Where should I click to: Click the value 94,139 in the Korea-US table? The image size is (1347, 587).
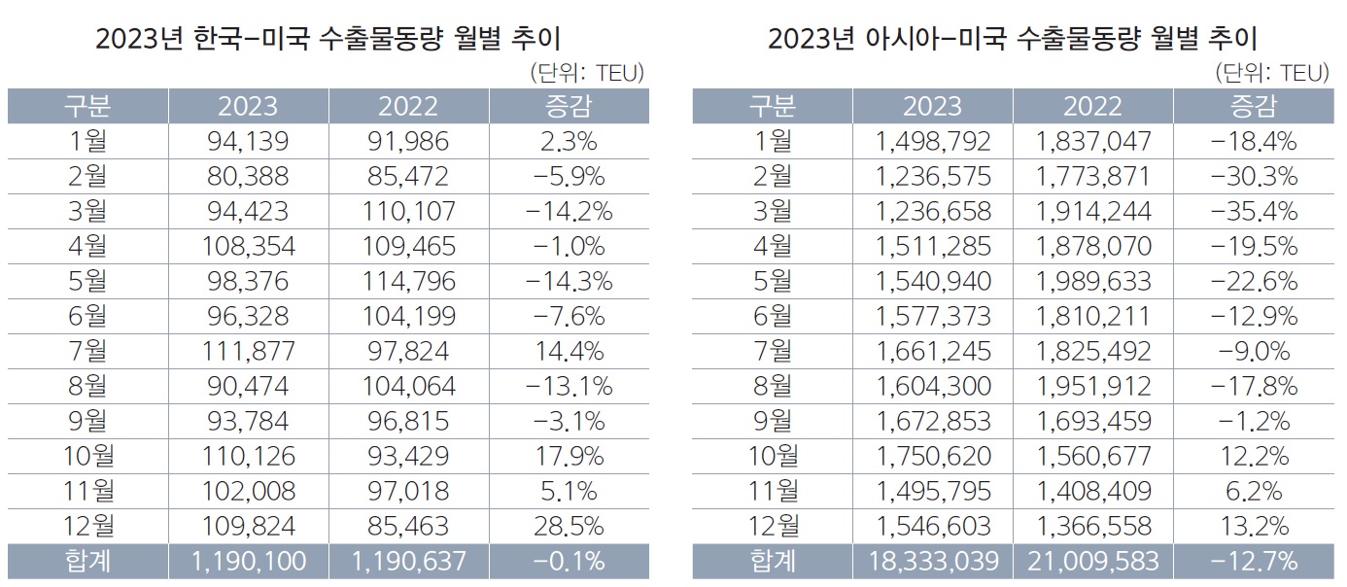248,141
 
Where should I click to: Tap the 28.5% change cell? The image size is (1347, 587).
569,526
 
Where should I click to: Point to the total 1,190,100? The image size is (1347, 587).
248,561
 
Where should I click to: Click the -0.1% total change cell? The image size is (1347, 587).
569,561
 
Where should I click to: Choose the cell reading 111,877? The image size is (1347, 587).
248,351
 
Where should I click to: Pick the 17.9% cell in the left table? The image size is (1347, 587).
569,456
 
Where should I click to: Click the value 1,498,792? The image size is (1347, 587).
932,141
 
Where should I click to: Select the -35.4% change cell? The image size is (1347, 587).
1253,211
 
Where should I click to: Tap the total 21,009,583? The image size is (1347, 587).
1092,561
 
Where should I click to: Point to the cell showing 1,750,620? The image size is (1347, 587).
932,456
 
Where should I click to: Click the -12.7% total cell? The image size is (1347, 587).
1253,561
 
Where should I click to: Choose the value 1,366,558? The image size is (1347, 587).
1092,526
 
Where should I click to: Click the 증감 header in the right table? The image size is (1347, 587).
1253,106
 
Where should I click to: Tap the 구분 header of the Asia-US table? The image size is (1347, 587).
773,106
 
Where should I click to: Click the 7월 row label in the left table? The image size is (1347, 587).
88,351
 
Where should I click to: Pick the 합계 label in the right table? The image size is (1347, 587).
773,561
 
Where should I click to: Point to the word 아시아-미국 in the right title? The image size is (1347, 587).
922,40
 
